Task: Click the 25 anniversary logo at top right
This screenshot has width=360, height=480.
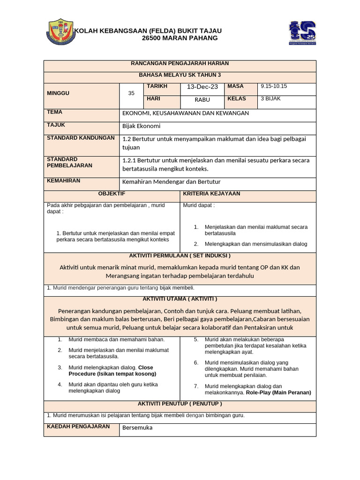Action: (x=302, y=33)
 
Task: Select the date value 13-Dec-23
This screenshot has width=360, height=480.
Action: (x=202, y=87)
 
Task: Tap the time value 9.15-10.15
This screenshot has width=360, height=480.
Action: (x=274, y=86)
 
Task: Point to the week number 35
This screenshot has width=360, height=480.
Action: (x=131, y=93)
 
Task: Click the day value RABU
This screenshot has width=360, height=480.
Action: (x=202, y=99)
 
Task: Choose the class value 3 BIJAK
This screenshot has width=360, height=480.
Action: (x=270, y=99)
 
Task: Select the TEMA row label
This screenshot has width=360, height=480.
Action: (x=55, y=112)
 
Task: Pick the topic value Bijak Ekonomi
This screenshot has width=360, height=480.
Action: (x=141, y=126)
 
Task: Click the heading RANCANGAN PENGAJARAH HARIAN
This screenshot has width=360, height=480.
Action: (x=180, y=63)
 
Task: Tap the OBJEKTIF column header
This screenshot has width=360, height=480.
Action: (x=112, y=194)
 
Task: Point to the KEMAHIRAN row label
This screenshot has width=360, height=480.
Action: (x=64, y=181)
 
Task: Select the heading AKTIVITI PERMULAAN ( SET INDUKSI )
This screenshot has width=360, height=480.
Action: (x=180, y=255)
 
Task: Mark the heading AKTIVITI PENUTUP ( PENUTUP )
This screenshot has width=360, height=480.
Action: (x=180, y=404)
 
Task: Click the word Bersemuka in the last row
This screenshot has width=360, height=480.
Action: (x=137, y=427)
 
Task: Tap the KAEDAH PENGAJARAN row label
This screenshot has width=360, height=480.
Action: (x=78, y=427)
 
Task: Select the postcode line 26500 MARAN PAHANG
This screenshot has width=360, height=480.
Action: (x=180, y=38)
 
